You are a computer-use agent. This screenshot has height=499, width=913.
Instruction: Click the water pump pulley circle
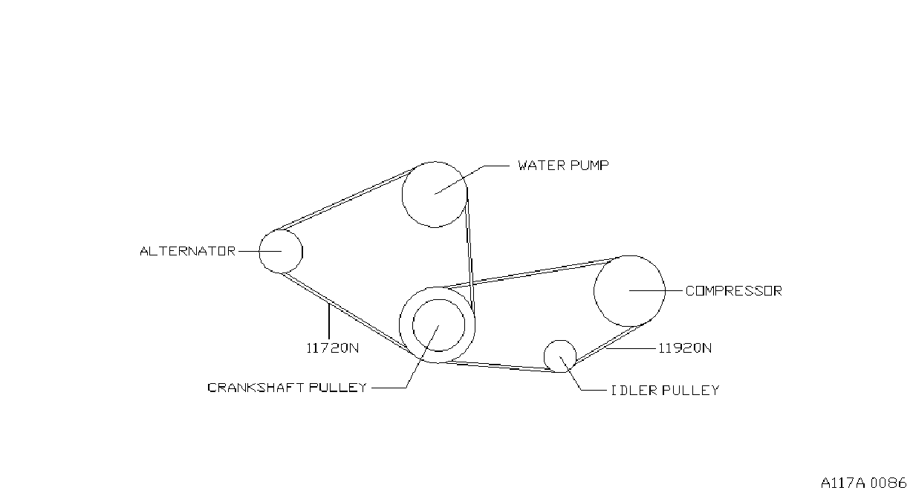[x=403, y=195]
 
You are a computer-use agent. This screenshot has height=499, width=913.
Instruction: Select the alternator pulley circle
[x=259, y=251]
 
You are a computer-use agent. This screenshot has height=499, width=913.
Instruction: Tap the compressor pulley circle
[x=594, y=291]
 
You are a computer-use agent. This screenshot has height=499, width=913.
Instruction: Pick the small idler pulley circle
[x=544, y=356]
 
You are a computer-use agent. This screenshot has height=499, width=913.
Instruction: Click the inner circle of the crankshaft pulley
[x=413, y=325]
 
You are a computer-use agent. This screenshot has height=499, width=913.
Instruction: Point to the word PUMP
[x=589, y=166]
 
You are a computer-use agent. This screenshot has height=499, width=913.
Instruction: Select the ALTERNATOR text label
[x=188, y=251]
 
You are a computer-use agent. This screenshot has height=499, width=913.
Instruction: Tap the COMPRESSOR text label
[x=734, y=291]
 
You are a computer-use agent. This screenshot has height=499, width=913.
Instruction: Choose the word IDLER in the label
[x=634, y=391]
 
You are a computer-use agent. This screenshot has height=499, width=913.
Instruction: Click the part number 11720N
[x=333, y=348]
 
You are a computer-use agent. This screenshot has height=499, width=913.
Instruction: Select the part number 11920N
[x=685, y=348]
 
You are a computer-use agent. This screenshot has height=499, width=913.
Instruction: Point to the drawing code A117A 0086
[x=864, y=483]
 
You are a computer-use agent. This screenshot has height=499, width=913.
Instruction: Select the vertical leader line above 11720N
[x=328, y=322]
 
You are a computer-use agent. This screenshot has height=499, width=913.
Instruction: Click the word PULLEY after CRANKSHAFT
[x=338, y=388]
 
